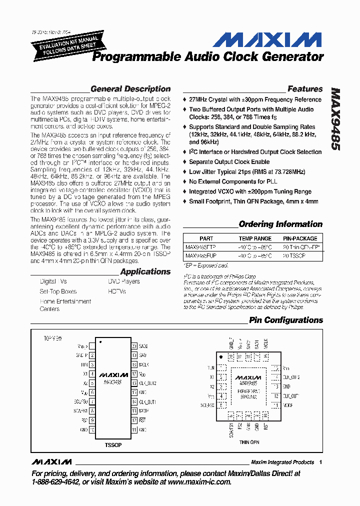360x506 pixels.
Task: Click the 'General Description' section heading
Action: click(130, 89)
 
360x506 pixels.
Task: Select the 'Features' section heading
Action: click(305, 89)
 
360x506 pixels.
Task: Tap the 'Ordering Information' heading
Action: click(280, 224)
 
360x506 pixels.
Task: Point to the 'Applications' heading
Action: click(145, 271)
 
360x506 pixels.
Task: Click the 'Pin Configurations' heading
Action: click(286, 320)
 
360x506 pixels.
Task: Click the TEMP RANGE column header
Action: click(255, 238)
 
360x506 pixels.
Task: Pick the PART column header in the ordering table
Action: click(206, 238)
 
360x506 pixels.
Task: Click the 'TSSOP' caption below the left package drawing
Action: click(113, 444)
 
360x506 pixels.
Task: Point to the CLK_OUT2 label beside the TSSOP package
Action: click(147, 383)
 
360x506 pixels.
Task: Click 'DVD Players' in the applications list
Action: click(124, 281)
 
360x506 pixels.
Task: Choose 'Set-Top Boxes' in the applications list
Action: click(58, 291)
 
